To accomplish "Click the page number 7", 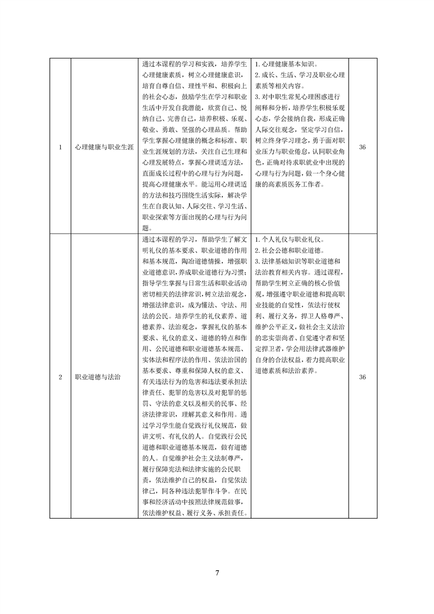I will (x=217, y=573).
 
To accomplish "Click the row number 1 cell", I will (x=60, y=147).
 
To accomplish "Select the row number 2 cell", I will (x=60, y=376).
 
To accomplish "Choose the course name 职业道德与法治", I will (x=98, y=376).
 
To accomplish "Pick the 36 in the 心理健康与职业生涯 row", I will (x=362, y=147).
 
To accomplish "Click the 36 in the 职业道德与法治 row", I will (x=362, y=376).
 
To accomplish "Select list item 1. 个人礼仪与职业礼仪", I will (x=290, y=240).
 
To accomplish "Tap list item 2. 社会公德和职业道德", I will (x=290, y=251).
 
